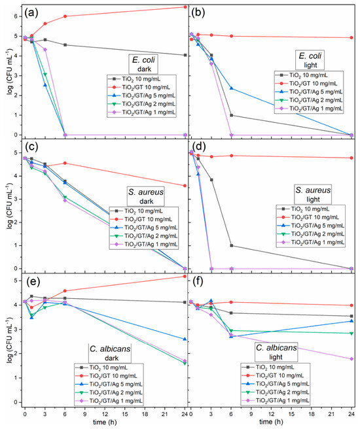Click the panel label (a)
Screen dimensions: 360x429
click(31, 13)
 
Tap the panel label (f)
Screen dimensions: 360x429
click(198, 282)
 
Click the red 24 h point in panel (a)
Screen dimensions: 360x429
click(185, 7)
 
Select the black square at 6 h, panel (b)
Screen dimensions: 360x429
click(231, 115)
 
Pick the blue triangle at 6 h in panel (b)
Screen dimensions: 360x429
click(231, 88)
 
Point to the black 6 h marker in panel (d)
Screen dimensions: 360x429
click(232, 245)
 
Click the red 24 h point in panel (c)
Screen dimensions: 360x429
click(185, 186)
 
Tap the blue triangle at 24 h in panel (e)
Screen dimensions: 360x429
click(185, 339)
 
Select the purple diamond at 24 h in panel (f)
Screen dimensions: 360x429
click(351, 358)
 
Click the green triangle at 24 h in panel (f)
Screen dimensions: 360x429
click(351, 334)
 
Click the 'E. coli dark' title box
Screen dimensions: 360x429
click(143, 64)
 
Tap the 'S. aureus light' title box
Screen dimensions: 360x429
click(313, 194)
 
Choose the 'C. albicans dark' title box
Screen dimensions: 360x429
click(110, 353)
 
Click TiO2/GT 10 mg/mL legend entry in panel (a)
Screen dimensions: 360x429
click(142, 88)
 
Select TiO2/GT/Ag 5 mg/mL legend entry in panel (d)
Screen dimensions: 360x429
click(310, 226)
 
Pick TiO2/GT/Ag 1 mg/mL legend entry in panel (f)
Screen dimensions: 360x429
click(276, 400)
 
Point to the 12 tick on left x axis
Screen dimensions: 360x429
click(105, 414)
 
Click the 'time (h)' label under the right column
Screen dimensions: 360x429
click(271, 422)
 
